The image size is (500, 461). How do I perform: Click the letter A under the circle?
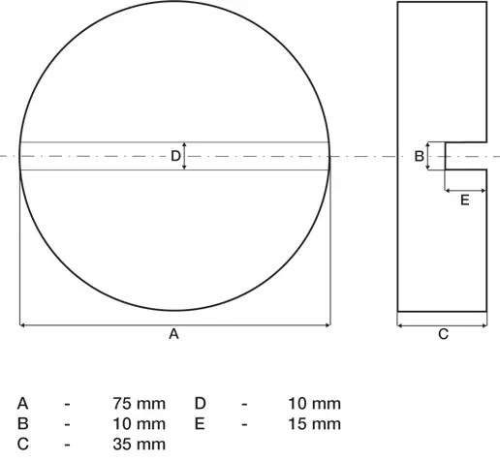coord(173,334)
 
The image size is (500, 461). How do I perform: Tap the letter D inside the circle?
coord(175,156)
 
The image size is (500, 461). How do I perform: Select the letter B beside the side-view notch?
coord(419,156)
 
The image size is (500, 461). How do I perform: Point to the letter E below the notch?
coord(464,200)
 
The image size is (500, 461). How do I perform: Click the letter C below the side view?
coord(444,334)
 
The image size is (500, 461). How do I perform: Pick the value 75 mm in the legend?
coord(140,404)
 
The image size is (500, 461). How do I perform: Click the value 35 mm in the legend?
coord(140,445)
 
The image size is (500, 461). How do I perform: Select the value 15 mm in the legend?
coord(314,424)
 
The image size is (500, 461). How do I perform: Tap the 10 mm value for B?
coord(140,424)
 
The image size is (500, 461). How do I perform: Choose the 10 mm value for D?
coord(314,404)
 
